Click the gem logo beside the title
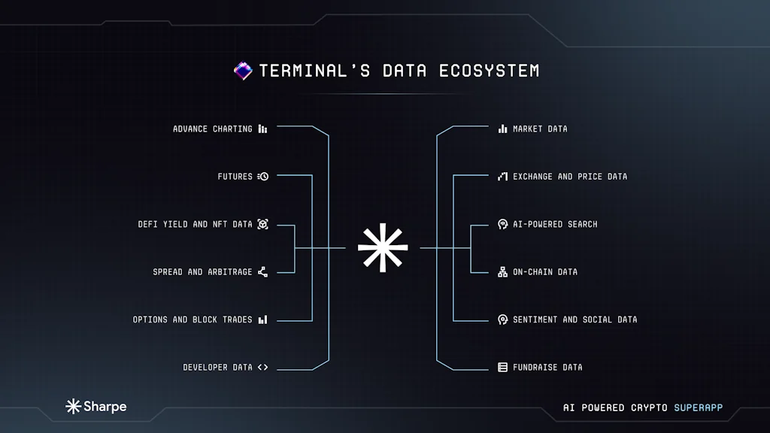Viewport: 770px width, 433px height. pos(243,71)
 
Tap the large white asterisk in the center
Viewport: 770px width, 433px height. pos(383,247)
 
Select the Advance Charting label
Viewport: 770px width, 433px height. pos(213,129)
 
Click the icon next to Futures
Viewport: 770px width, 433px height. pos(262,177)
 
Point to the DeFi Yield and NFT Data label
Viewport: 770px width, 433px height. pos(196,224)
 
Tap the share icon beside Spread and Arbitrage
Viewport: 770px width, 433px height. pos(262,271)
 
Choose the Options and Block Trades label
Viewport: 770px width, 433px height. pos(192,319)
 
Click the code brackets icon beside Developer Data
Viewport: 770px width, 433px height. pos(262,368)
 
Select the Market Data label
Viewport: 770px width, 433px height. pos(540,129)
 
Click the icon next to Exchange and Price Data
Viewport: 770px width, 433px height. pos(502,177)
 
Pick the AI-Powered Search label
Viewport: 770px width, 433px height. pos(555,224)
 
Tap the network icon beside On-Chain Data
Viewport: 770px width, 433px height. pos(502,271)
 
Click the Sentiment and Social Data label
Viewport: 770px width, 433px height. pos(574,319)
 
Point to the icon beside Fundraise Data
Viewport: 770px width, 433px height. pos(502,368)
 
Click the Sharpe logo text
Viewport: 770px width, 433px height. pos(105,407)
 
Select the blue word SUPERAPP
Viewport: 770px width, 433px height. pos(698,407)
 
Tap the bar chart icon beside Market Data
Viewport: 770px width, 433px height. pos(502,129)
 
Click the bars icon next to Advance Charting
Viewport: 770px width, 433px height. pos(262,129)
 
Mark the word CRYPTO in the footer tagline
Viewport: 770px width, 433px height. pos(649,407)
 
